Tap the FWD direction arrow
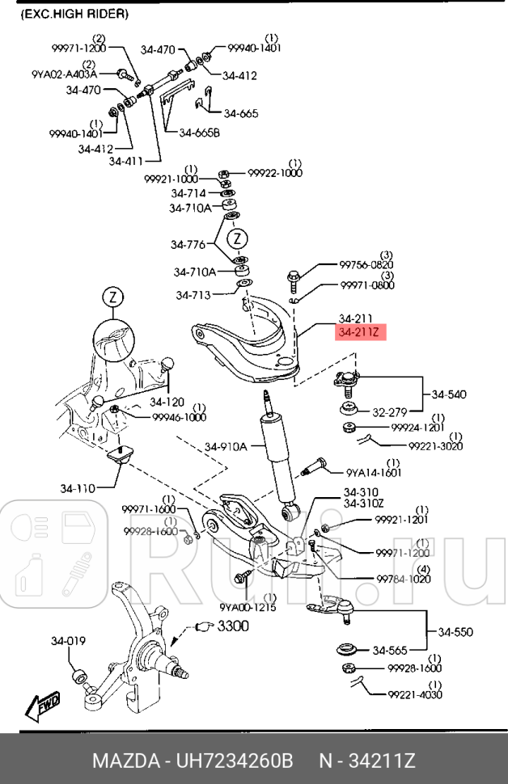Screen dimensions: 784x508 tap(41, 707)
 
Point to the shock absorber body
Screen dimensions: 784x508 tap(277, 461)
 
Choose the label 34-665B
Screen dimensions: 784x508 tap(199, 133)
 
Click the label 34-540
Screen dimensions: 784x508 tap(451, 394)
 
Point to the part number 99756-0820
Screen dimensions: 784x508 tap(366, 264)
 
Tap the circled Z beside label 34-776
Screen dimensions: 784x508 tap(237, 238)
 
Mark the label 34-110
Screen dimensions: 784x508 tap(78, 487)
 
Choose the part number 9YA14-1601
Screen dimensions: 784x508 tap(373, 473)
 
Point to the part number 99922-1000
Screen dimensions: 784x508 tap(275, 173)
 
